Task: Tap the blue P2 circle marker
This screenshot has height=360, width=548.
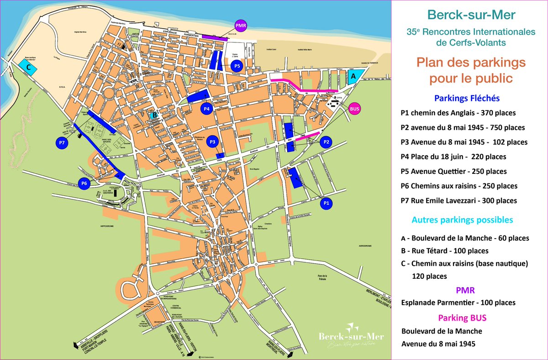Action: point(326,142)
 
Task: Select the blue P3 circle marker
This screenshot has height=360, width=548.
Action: point(212,142)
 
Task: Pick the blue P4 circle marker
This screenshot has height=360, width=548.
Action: point(206,109)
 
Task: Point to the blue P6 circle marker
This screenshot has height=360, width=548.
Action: point(84,183)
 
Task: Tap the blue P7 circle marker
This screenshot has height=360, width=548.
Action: point(63,143)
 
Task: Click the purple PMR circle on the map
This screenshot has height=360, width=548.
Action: point(240,26)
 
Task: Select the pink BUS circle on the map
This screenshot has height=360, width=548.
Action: point(354,109)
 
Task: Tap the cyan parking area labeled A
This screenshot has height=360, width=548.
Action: point(354,75)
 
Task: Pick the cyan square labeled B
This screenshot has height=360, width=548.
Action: point(155,115)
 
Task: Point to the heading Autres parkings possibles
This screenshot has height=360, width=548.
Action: point(462,220)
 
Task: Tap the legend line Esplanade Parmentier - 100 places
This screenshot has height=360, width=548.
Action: point(458,303)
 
